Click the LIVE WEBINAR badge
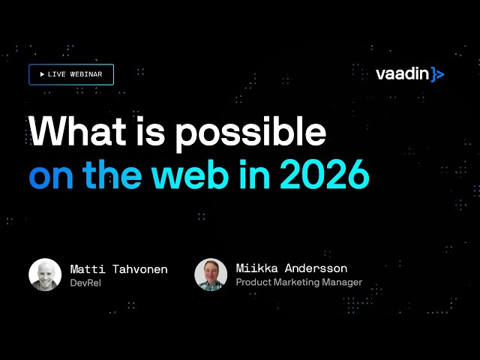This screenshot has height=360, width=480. [71, 75]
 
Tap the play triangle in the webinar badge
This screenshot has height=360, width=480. [42, 75]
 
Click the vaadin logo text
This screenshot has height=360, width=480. [403, 73]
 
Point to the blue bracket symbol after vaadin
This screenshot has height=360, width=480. [439, 74]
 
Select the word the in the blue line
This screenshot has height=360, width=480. [112, 175]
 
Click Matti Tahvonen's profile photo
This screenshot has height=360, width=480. [45, 275]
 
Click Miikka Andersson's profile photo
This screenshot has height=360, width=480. [211, 275]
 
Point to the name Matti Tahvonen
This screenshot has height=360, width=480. [118, 268]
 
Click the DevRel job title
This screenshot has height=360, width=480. [86, 283]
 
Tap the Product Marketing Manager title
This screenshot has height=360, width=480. [298, 283]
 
